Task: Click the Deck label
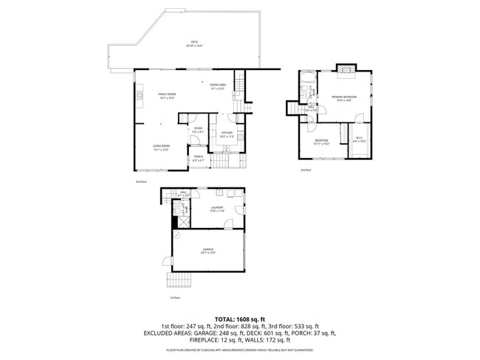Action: tap(195, 43)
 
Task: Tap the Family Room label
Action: tap(167, 96)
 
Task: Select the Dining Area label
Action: tap(217, 86)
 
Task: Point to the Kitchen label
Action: tap(227, 134)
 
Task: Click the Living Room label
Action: tap(161, 148)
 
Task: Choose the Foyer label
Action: tap(198, 131)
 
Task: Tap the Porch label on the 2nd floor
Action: tap(199, 158)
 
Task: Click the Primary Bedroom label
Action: tap(343, 98)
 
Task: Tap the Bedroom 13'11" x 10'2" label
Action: tap(321, 142)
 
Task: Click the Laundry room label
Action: tap(217, 209)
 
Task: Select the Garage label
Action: tap(208, 251)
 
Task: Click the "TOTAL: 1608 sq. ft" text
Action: tap(239, 317)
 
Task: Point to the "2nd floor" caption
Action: tap(141, 181)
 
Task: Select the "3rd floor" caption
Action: tap(306, 170)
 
